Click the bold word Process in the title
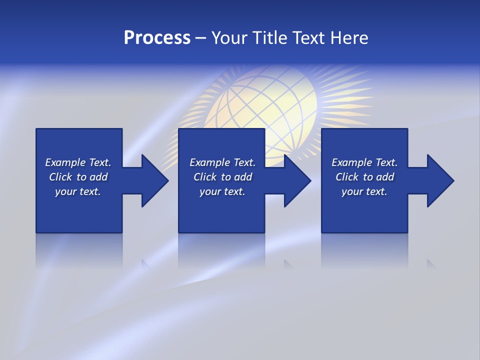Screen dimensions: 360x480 (157, 38)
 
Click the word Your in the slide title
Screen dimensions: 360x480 (229, 38)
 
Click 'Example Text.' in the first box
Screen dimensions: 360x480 (78, 162)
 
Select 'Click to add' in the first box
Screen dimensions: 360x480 (78, 177)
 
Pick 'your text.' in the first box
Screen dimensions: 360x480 (78, 191)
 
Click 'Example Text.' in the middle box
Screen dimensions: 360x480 (222, 162)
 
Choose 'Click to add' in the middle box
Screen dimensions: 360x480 (222, 177)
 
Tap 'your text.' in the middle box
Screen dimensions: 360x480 (222, 191)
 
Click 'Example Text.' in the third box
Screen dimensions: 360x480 (364, 162)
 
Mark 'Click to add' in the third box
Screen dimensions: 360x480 (364, 177)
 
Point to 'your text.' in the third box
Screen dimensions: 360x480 (364, 191)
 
